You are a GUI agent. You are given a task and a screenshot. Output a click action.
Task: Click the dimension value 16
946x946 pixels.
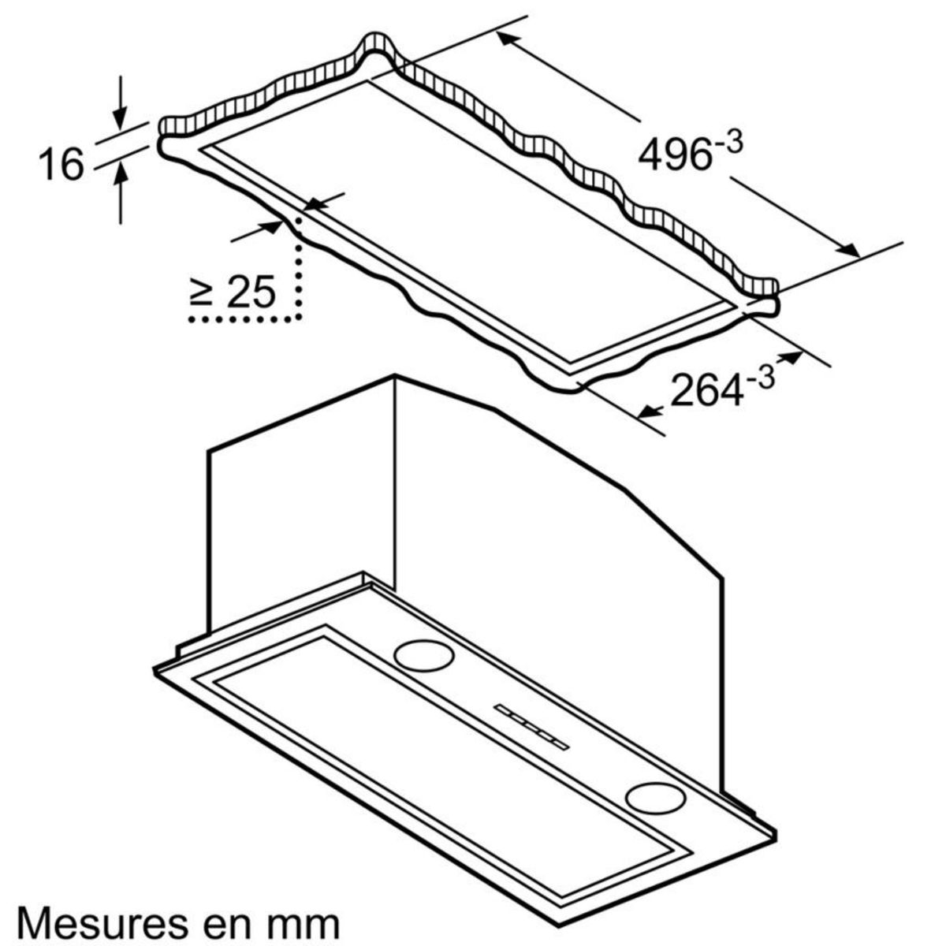(61, 164)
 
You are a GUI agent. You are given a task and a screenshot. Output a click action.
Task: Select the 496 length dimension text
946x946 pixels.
(674, 154)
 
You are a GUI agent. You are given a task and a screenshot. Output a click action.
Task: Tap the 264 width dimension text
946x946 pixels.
(706, 389)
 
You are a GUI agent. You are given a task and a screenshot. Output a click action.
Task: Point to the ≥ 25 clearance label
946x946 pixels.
(233, 292)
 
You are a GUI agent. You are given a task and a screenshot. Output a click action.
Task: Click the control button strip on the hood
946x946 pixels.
(531, 724)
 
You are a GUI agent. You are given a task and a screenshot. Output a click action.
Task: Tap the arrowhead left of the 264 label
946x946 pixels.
(648, 410)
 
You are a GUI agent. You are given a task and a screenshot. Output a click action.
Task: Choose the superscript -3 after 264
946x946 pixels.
(761, 376)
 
